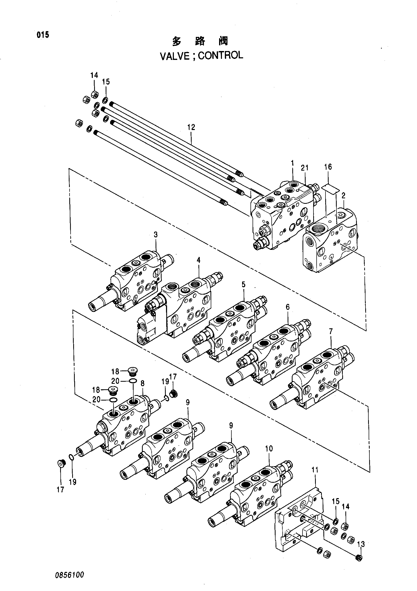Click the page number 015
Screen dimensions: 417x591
point(43,35)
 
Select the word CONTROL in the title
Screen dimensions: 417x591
point(221,55)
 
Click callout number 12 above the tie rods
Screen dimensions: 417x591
point(191,127)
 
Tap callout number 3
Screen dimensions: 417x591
point(156,235)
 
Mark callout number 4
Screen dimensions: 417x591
point(199,260)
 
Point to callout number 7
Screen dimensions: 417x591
point(331,332)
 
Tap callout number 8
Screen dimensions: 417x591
point(142,384)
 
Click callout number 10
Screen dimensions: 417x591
point(269,449)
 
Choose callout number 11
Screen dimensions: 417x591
point(315,470)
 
